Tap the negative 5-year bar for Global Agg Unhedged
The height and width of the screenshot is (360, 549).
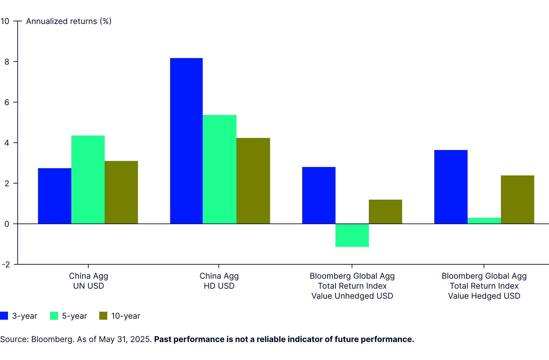coord(352,235)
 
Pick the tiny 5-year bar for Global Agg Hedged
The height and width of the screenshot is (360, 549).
coord(484,221)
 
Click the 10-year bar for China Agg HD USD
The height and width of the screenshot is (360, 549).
coord(253,181)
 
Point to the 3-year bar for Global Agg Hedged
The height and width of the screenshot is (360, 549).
coord(451,187)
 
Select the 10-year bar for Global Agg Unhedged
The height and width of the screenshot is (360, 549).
coord(385,212)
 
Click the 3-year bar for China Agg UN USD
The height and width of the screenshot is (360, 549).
coord(55,196)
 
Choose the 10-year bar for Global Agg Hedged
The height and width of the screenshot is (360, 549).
coord(517,199)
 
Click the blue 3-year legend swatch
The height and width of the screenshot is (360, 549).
coord(4,316)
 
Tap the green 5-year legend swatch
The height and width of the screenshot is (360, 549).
coord(54,316)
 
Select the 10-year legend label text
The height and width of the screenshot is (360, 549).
coord(126,316)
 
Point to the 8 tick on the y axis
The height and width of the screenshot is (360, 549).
coord(7,62)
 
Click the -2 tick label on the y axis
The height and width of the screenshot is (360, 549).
coord(5,264)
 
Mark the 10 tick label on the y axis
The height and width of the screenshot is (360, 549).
coord(5,21)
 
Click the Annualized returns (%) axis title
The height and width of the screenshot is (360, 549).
coord(69,21)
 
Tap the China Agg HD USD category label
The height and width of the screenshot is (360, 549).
coord(219,281)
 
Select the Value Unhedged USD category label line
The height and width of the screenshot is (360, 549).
coord(352,296)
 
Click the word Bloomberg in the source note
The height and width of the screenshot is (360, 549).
coord(52,339)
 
